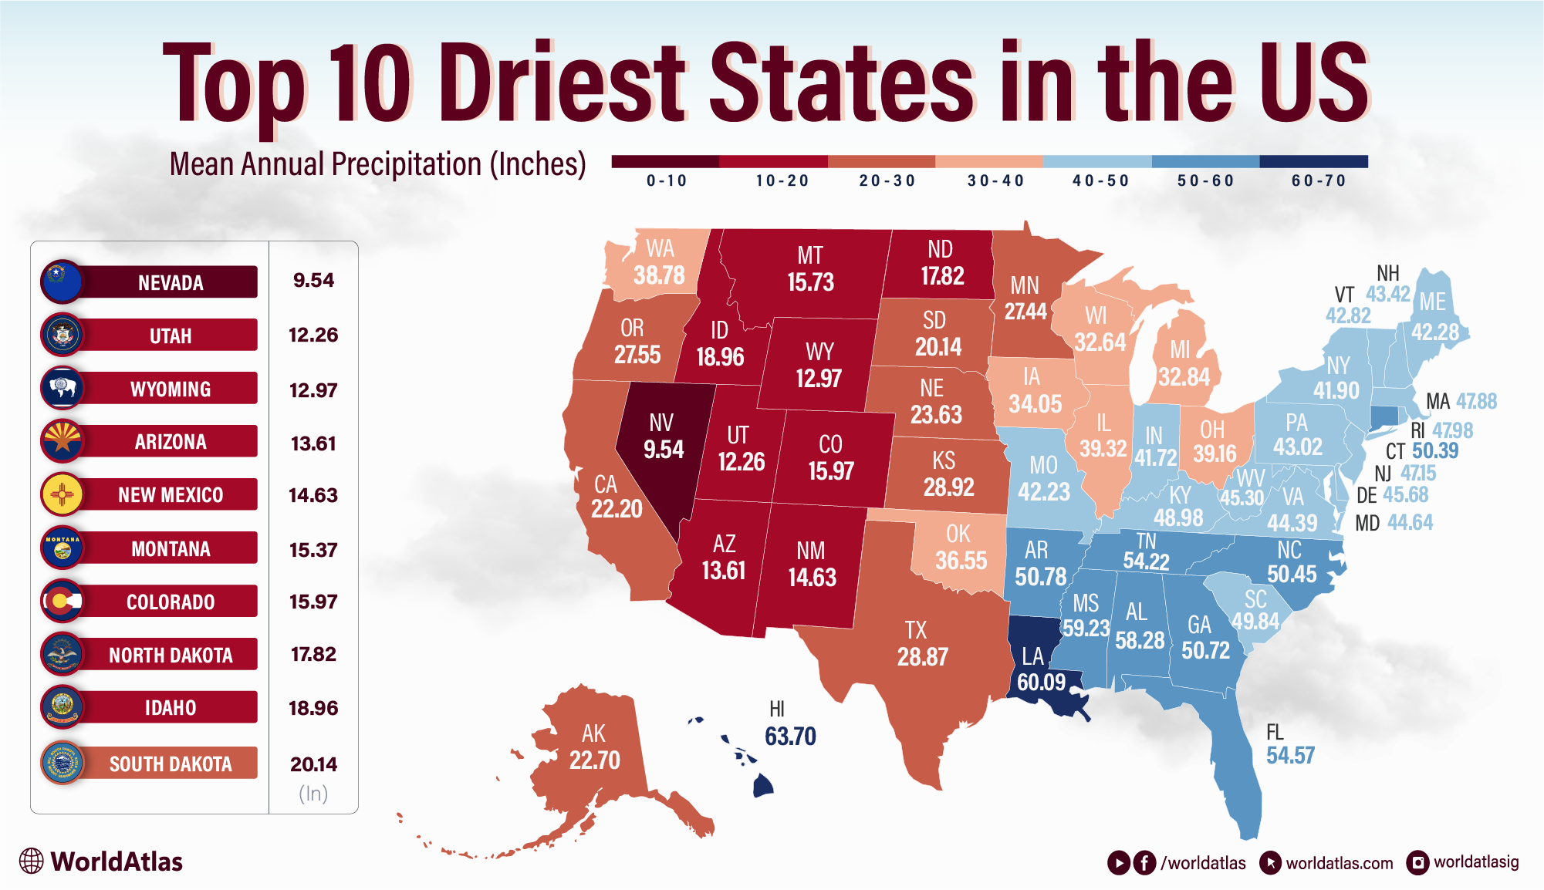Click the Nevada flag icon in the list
[x=62, y=281]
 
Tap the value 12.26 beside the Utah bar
[x=313, y=335]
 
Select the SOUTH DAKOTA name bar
[x=170, y=764]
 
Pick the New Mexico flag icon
[x=62, y=494]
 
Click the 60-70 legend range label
[x=1318, y=180]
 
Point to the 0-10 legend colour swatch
[x=665, y=161]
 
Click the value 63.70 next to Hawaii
[x=790, y=737]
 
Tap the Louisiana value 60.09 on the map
[x=1041, y=682]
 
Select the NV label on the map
[x=661, y=423]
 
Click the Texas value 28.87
[x=922, y=657]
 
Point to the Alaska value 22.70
[x=594, y=760]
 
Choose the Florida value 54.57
[x=1290, y=756]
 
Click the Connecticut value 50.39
[x=1435, y=451]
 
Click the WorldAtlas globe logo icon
[x=32, y=861]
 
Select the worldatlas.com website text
[x=1339, y=863]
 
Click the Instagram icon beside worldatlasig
[x=1417, y=862]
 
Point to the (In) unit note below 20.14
[x=313, y=794]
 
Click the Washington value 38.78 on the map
[x=659, y=275]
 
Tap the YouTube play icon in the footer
[x=1118, y=862]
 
